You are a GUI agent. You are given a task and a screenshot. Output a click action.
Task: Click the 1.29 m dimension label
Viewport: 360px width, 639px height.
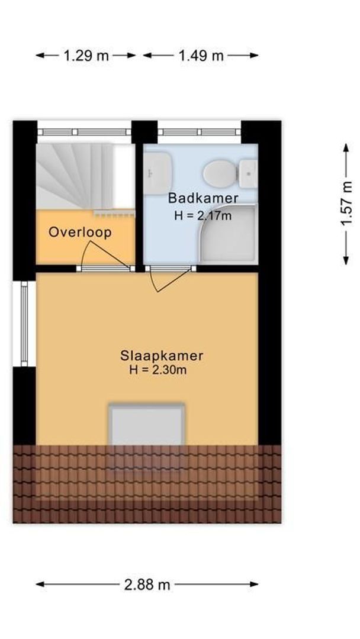point(86,56)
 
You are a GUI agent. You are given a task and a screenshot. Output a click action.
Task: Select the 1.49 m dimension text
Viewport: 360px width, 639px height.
point(201,56)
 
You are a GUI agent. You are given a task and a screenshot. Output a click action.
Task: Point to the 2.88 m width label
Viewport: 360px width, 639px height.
point(147,585)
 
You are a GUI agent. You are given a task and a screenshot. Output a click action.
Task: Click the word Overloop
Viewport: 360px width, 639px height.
point(80,232)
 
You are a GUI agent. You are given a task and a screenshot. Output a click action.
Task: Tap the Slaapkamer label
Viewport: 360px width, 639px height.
point(162,356)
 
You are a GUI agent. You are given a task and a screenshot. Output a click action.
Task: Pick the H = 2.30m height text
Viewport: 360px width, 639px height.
point(158,370)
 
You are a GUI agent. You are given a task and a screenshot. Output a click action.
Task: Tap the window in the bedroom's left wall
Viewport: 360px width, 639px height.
point(24,323)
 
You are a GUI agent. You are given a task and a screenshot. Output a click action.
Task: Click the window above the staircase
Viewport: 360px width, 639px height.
point(84,132)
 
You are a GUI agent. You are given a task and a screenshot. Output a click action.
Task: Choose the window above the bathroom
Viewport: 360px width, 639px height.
point(199,132)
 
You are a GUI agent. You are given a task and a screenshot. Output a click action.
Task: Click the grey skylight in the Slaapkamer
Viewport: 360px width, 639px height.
point(146,426)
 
